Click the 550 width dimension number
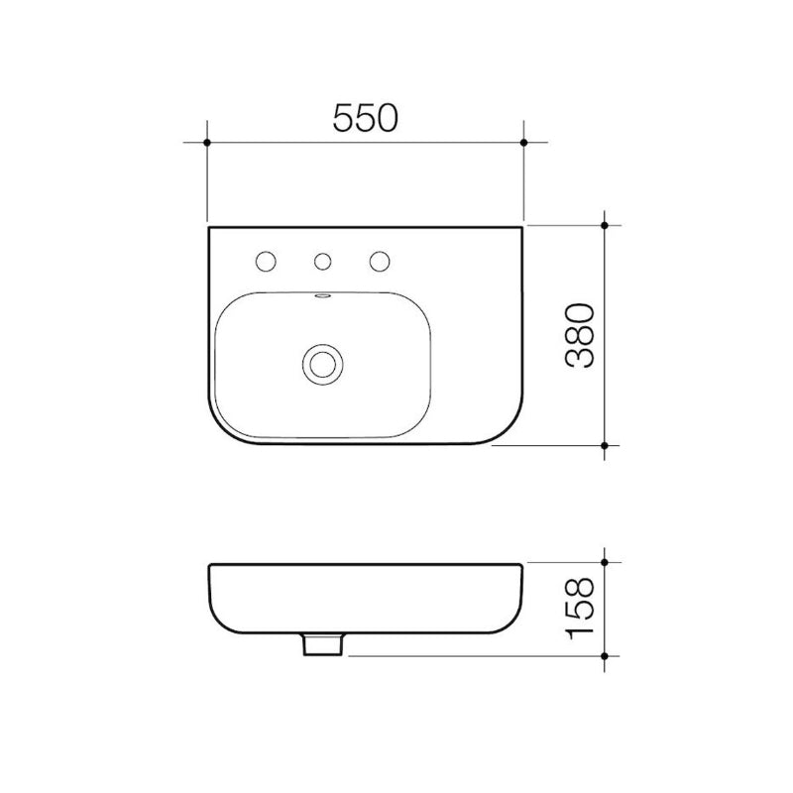point(365,118)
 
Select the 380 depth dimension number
point(581,335)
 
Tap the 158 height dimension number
point(581,607)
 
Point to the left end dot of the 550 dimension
point(207,143)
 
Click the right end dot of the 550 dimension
point(523,143)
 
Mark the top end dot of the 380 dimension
point(606,225)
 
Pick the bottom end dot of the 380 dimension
point(606,446)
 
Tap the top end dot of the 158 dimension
point(606,563)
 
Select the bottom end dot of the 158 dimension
point(606,655)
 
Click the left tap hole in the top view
point(266,262)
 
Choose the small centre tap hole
point(321,262)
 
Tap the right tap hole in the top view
point(378,262)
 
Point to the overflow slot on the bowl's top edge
point(322,294)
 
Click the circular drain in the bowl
point(322,363)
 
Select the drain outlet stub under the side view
point(322,645)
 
